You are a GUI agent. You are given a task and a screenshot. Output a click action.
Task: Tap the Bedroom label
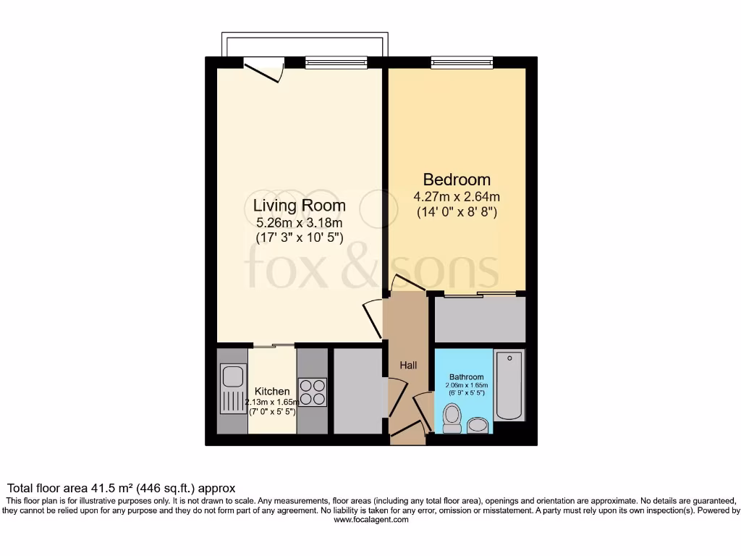(457, 180)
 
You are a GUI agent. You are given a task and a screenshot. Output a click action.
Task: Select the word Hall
(408, 366)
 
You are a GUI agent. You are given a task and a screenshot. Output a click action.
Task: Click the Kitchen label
(272, 392)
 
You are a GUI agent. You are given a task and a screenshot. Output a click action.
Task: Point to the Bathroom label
(466, 377)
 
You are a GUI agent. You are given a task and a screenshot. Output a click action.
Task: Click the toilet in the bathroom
(452, 418)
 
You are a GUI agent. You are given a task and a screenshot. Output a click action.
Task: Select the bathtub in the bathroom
(509, 386)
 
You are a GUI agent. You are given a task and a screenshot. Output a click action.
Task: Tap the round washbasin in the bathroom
(478, 424)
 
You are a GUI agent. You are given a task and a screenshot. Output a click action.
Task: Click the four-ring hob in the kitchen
(312, 392)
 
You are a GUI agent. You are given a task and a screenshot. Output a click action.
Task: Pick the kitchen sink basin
(233, 376)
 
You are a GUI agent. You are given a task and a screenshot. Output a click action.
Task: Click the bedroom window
(462, 62)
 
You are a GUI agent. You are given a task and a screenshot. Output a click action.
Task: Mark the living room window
(335, 62)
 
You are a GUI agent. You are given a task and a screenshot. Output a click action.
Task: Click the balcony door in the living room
(262, 71)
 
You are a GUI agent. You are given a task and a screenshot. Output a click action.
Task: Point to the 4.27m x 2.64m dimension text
(457, 197)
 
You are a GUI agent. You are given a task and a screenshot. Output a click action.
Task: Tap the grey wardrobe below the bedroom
(480, 319)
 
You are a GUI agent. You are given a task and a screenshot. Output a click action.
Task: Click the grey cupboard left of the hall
(357, 391)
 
